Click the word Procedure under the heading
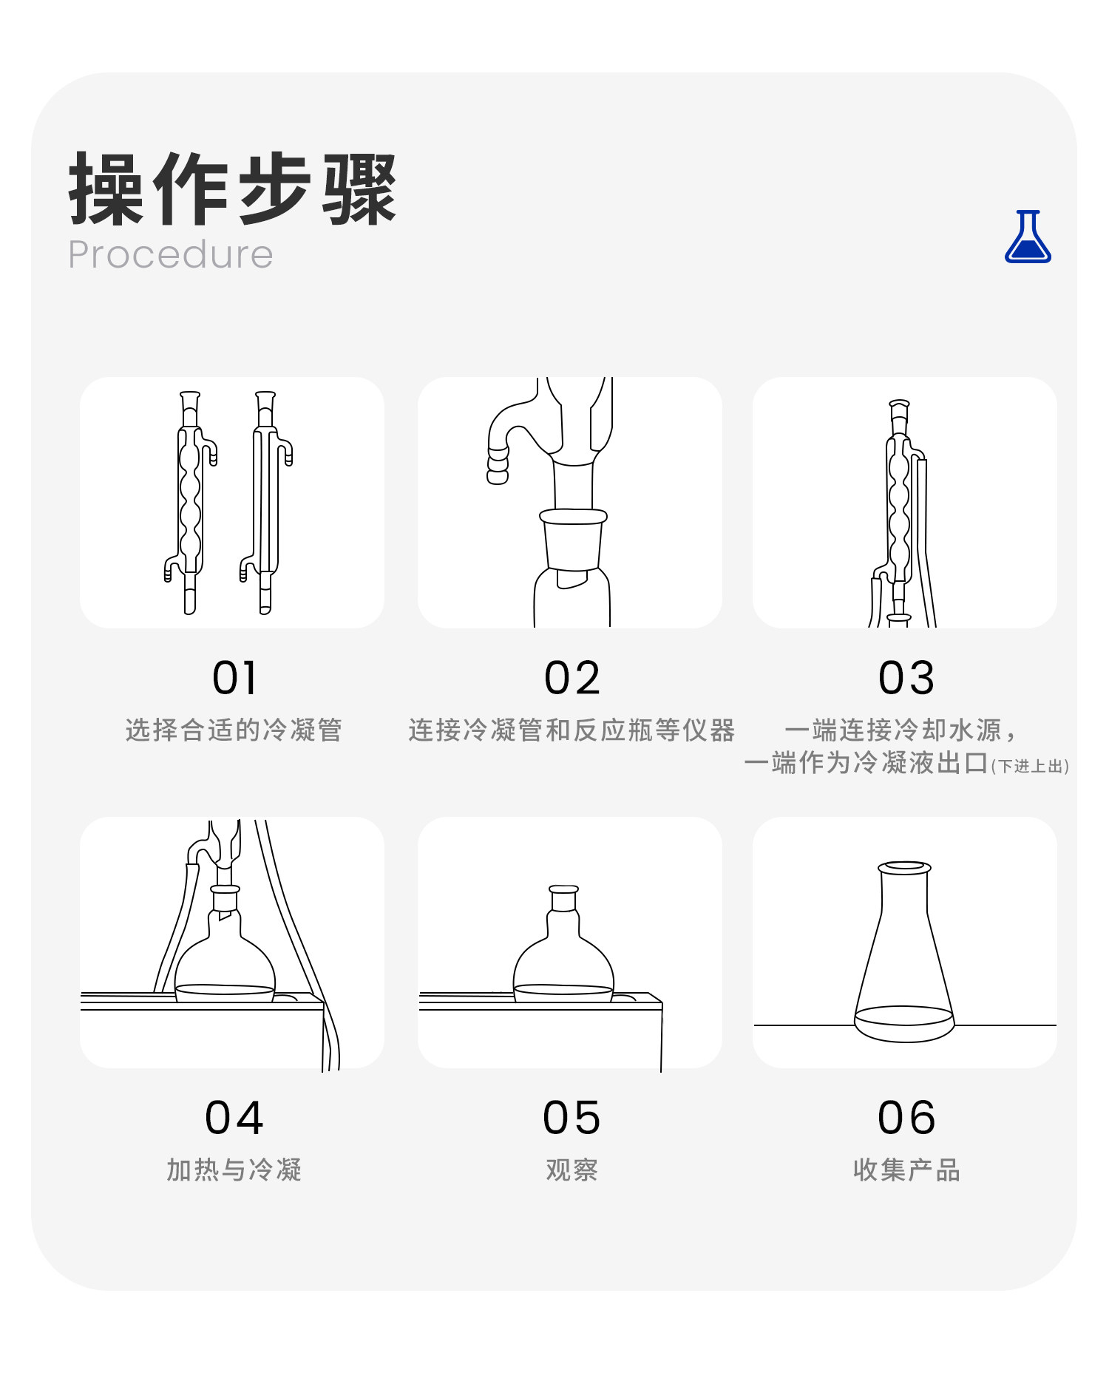171,255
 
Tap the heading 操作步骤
233,189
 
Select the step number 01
234,678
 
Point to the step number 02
572,678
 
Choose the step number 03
906,678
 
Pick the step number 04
234,1117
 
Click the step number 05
572,1117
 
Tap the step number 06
906,1117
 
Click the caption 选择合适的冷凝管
234,730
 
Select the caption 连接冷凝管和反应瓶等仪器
572,730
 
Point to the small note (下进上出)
1030,766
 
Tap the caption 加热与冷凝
234,1170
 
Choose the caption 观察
572,1170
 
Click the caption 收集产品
906,1170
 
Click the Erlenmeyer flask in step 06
904,954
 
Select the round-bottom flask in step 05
563,946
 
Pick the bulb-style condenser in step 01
191,503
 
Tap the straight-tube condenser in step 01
266,503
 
